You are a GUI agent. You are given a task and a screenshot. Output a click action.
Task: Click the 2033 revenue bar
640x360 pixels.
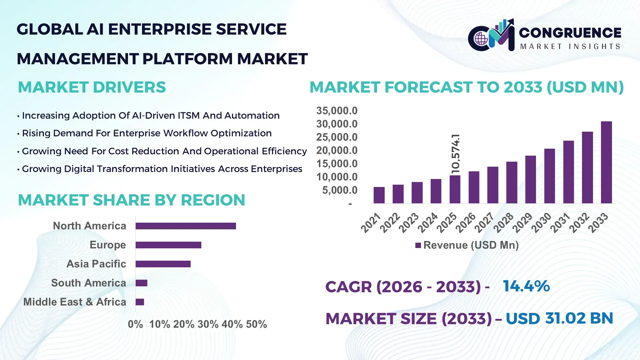[x=606, y=162]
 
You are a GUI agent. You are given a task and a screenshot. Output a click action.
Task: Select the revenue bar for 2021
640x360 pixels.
[x=379, y=195]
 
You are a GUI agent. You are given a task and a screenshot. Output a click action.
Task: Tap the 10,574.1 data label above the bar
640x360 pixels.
[x=455, y=154]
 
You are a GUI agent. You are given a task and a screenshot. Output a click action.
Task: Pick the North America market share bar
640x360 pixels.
[x=186, y=226]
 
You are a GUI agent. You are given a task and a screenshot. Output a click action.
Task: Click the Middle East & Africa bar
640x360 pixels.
[x=140, y=302]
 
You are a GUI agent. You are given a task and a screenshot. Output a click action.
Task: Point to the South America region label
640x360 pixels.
[x=88, y=283]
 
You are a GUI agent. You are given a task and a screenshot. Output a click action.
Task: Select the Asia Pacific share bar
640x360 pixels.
[x=163, y=264]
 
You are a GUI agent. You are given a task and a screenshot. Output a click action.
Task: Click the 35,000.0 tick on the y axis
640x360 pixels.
[x=337, y=111]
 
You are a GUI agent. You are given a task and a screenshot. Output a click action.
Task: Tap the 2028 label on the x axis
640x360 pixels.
[x=503, y=222]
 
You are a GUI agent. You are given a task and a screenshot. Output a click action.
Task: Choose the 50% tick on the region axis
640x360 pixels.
[x=256, y=324]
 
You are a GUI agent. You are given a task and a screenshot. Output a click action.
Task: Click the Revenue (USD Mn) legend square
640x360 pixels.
[x=418, y=245]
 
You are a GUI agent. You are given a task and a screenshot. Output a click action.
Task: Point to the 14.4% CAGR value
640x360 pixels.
[x=526, y=286]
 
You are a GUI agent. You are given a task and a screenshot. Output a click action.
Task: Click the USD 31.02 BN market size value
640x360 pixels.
[x=559, y=318]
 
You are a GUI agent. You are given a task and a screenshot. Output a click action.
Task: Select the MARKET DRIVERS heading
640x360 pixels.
[x=92, y=87]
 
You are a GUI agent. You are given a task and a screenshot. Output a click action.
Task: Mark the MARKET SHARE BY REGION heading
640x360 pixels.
[x=131, y=200]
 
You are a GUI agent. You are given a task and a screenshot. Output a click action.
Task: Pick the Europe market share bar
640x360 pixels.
[x=168, y=245]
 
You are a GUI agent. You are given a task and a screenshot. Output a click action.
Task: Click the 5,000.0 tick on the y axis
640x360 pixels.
[x=339, y=190]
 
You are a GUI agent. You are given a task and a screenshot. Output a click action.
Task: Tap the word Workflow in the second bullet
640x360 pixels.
[x=185, y=133]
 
